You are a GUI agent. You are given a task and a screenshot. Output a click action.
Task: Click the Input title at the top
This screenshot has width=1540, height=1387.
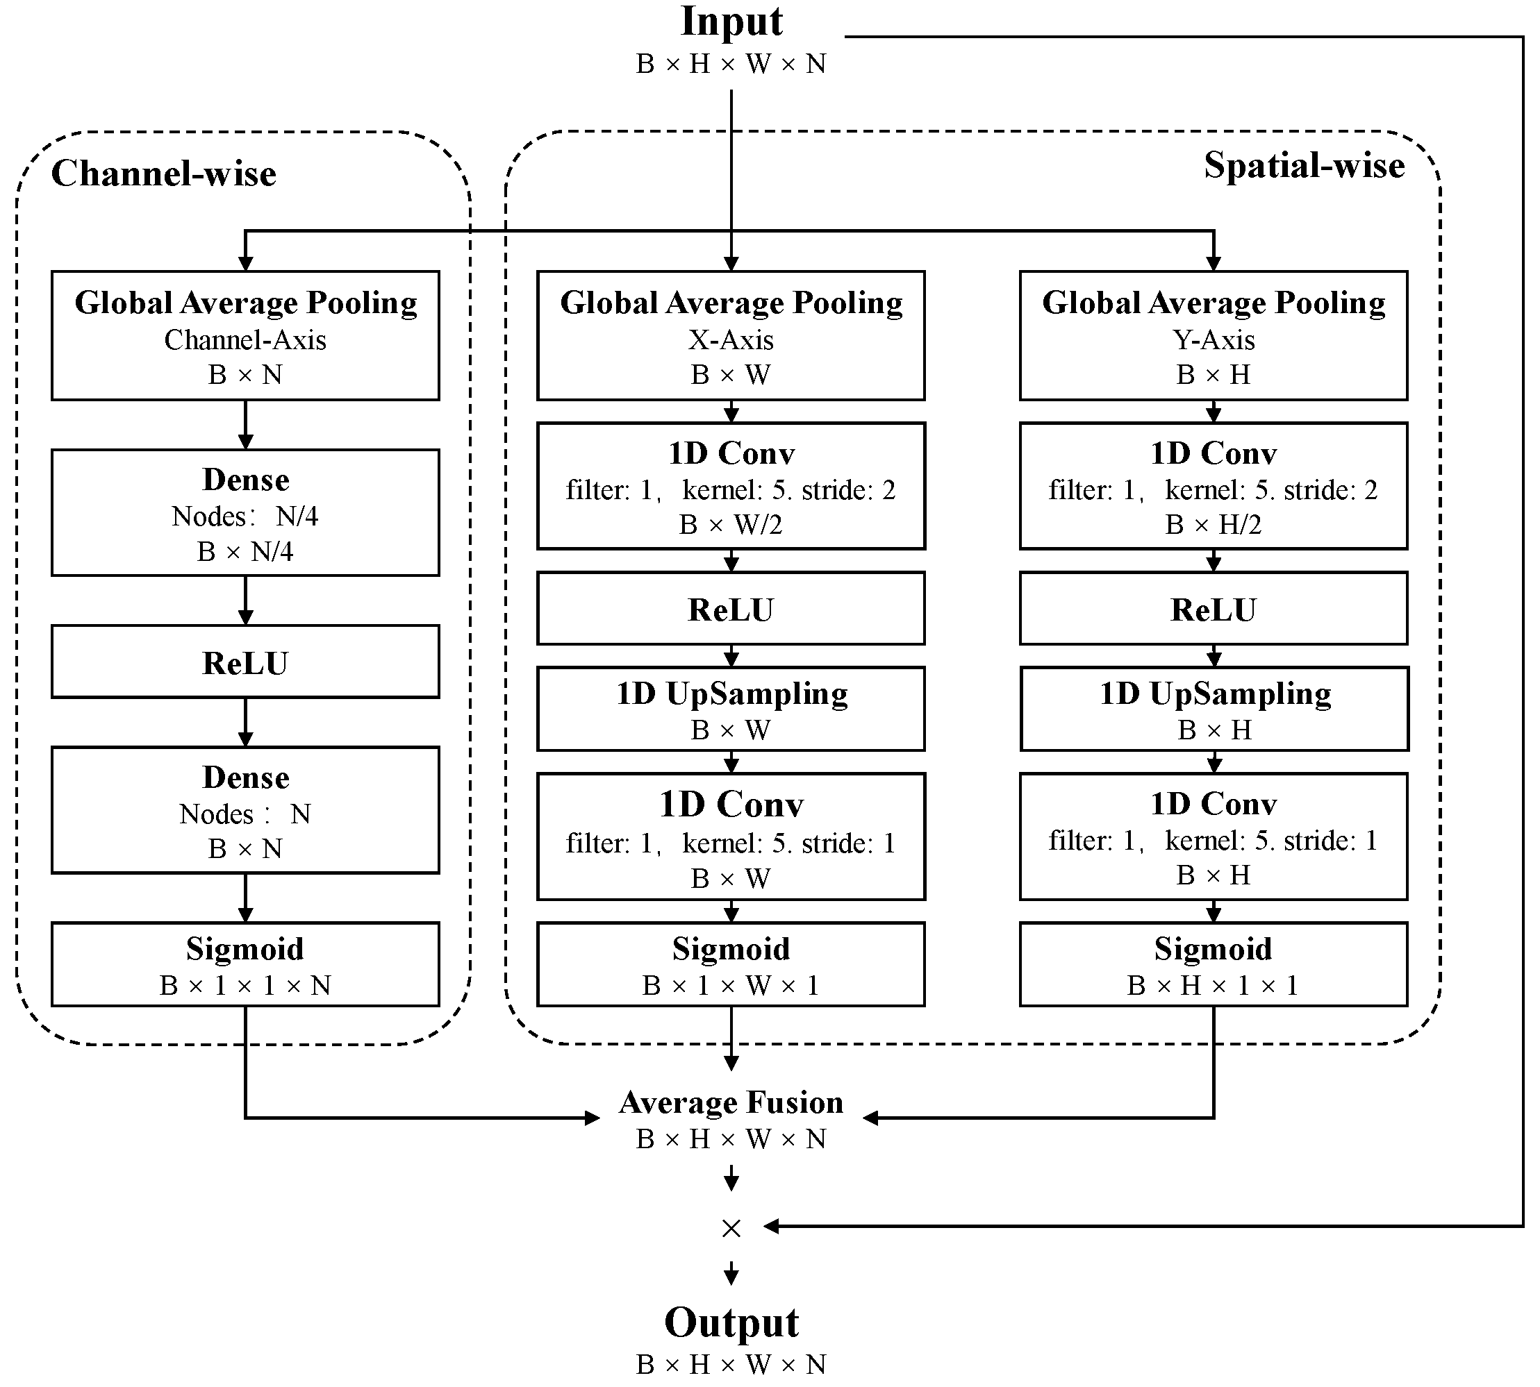(731, 22)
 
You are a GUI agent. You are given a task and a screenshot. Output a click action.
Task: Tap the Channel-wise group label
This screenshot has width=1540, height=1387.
(163, 174)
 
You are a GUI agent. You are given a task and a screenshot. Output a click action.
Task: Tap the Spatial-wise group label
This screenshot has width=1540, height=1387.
(1304, 165)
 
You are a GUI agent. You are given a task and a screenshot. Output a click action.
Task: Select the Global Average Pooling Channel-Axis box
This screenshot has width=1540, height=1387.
(245, 335)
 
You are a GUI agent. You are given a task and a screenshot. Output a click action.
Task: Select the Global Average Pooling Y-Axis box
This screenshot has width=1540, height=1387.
(1213, 335)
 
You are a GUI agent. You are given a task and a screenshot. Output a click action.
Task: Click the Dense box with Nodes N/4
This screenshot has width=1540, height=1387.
(245, 512)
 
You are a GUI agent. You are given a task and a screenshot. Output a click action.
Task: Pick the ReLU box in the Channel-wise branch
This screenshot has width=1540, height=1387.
(245, 662)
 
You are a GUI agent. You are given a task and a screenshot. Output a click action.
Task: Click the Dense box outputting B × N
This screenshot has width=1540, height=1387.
(245, 809)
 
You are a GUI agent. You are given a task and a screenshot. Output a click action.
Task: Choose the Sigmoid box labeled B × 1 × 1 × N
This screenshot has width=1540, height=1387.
(245, 964)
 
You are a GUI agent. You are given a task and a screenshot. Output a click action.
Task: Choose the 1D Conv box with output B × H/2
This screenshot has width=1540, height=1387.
(1213, 486)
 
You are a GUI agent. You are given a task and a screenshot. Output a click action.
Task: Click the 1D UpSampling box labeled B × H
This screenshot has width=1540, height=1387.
(1214, 709)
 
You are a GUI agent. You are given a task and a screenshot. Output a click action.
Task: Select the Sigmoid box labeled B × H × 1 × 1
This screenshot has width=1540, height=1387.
(1213, 964)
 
